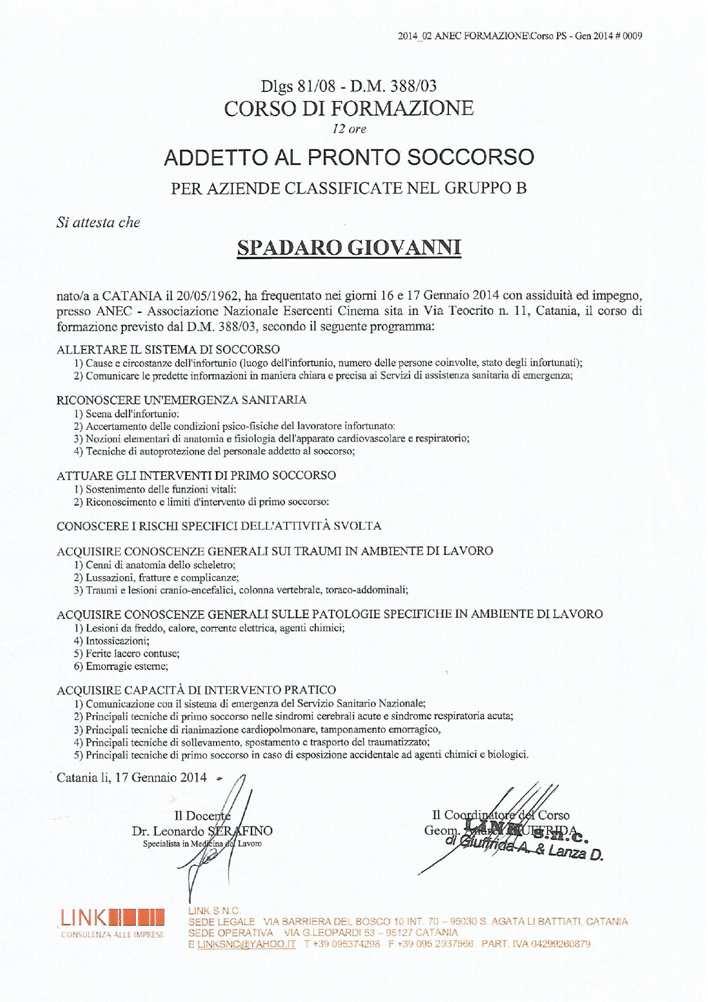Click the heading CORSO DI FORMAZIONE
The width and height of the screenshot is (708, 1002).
pyautogui.click(x=349, y=108)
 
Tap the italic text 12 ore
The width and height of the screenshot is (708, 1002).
pyautogui.click(x=349, y=129)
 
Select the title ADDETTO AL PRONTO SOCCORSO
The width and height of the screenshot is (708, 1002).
pyautogui.click(x=349, y=157)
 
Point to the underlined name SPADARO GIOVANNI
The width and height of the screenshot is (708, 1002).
pyautogui.click(x=349, y=248)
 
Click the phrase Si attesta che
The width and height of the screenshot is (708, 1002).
pyautogui.click(x=98, y=222)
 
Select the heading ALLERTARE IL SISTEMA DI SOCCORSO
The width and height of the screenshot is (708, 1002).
pyautogui.click(x=168, y=349)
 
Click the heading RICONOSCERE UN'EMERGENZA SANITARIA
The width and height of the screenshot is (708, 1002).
pyautogui.click(x=182, y=400)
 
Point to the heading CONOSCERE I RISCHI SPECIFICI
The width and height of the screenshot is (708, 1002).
pyautogui.click(x=219, y=526)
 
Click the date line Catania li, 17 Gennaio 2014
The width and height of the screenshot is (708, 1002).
pyautogui.click(x=131, y=777)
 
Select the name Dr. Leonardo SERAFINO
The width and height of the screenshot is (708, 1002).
pyautogui.click(x=202, y=831)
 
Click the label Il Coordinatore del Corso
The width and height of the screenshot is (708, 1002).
pyautogui.click(x=500, y=815)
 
